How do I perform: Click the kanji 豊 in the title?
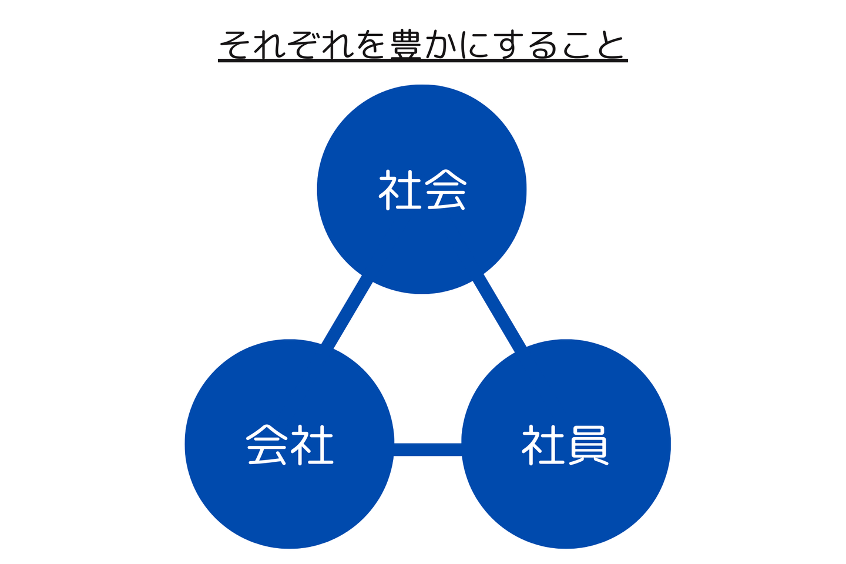point(406,45)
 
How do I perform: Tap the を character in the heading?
point(371,45)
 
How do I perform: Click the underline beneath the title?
point(423,60)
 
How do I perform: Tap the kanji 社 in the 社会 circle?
point(399,190)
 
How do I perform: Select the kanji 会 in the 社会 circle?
point(446,190)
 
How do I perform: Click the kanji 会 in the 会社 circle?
point(267,445)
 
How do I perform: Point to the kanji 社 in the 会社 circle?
point(313,445)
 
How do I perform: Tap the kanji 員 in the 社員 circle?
point(588,445)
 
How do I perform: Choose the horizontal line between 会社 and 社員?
point(428,449)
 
